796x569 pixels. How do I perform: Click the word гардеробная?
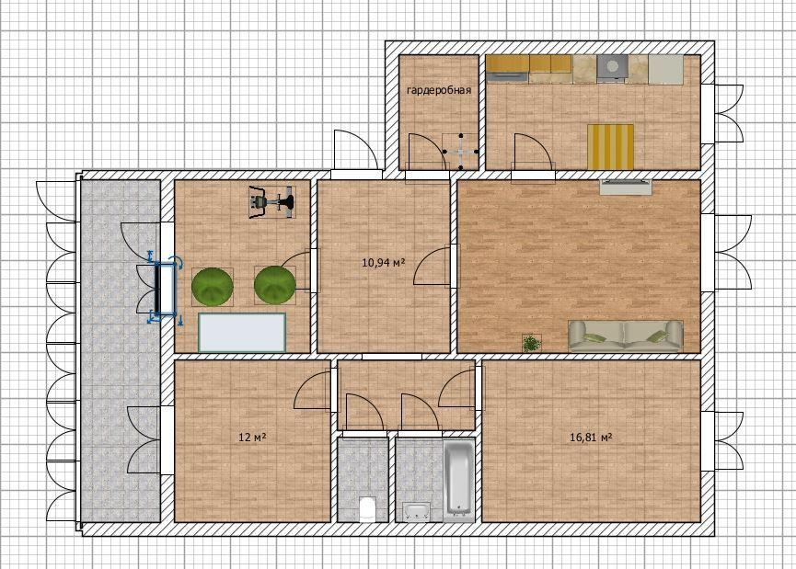tap(439, 90)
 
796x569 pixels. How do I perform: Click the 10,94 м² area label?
tap(384, 262)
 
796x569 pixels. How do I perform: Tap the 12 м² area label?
tap(252, 437)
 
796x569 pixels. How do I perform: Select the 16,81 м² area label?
tap(591, 437)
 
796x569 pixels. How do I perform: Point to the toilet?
tap(366, 509)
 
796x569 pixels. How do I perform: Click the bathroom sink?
tap(417, 511)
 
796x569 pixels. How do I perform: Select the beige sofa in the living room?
tap(626, 336)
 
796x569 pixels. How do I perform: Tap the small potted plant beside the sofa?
tap(532, 343)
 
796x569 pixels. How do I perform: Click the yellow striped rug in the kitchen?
tap(611, 146)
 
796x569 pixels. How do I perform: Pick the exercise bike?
tap(271, 202)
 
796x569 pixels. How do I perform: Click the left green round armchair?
tap(213, 286)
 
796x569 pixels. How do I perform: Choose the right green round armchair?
tap(274, 285)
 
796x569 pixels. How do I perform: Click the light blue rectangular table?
tap(242, 332)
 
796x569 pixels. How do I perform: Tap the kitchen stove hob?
tap(612, 67)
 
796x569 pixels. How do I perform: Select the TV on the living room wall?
tap(626, 186)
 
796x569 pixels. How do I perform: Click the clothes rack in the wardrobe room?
tap(460, 151)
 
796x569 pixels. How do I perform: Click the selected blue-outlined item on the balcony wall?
tap(165, 288)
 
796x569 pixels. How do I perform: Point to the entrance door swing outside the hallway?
tap(354, 150)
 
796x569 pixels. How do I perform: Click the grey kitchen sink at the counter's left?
tap(508, 77)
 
